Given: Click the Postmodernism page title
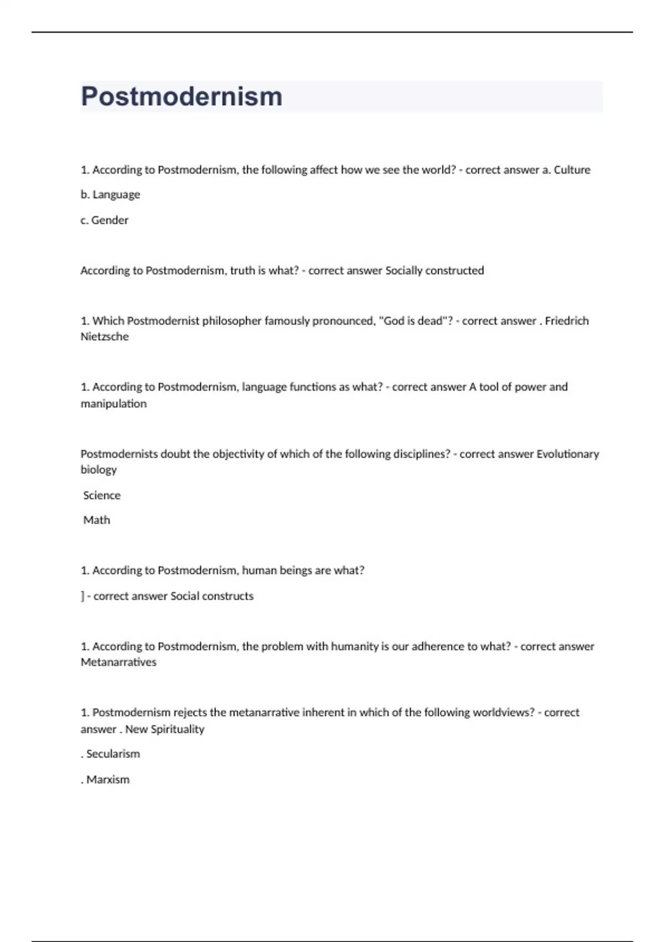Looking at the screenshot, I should [182, 96].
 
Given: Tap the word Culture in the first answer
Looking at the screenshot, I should [572, 170].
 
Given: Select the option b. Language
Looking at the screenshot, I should [110, 194].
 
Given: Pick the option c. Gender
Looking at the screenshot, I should [104, 220].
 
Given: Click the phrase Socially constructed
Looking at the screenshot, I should [434, 270].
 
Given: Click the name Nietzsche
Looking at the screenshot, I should [104, 336].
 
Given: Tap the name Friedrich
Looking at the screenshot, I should [566, 321].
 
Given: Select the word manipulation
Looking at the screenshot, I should [114, 403].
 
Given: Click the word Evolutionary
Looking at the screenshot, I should [567, 454].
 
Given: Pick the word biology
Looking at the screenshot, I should [99, 469].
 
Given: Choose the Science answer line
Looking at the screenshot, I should [101, 495].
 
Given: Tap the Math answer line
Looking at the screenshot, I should [96, 520].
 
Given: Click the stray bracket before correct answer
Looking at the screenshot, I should [83, 596].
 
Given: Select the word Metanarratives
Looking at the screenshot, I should [119, 662].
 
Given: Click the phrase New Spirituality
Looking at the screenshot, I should [165, 729].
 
